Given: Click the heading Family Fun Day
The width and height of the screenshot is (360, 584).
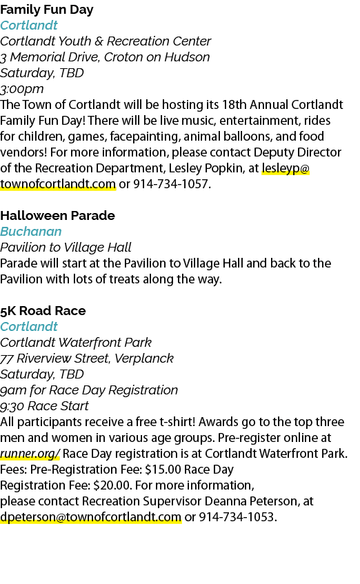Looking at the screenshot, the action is (47, 10).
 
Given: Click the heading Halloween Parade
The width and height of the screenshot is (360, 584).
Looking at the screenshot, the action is (57, 216).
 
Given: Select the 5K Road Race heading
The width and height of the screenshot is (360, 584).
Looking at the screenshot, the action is (43, 311).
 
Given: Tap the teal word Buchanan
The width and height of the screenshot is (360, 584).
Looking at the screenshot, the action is (30, 232).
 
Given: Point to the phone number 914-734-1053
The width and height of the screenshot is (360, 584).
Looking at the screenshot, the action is (237, 517).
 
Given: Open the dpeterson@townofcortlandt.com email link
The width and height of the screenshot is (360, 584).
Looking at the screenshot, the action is (90, 517).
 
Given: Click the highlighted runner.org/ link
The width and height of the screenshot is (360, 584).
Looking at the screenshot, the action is (30, 454).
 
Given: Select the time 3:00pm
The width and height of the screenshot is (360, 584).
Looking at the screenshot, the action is (21, 89).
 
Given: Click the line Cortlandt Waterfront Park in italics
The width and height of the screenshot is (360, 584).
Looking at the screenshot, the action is (76, 343).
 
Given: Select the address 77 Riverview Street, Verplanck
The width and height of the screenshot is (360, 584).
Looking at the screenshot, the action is (87, 359).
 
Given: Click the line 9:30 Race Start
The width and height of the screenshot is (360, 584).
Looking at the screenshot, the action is (44, 406).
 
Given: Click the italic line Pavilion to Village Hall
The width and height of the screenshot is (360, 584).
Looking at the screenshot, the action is (66, 248).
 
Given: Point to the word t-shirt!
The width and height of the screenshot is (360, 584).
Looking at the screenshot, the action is (177, 422).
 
